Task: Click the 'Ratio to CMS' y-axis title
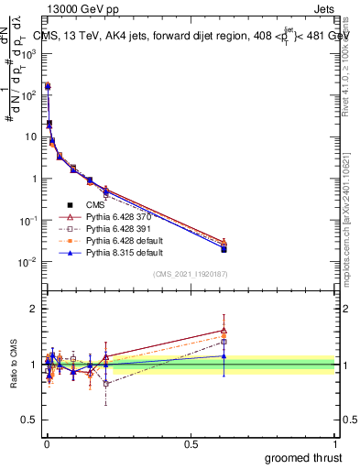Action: pos(13,364)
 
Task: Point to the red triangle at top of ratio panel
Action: pos(224,331)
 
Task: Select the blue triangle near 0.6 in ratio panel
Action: pos(224,356)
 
